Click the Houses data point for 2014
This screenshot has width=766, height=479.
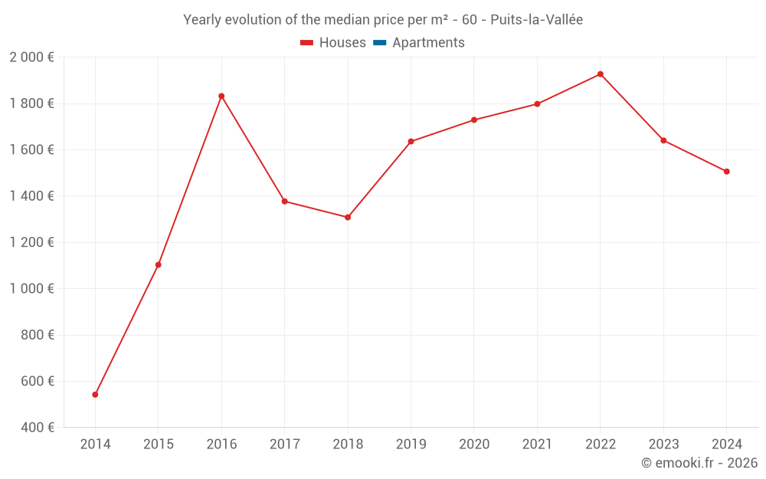(x=95, y=395)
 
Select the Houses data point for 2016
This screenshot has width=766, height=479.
(x=221, y=97)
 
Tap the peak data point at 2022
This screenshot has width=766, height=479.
(x=601, y=74)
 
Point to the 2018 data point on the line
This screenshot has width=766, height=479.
(x=348, y=218)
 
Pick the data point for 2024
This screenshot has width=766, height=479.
(x=727, y=172)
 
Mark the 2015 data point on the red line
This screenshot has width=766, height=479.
(x=159, y=265)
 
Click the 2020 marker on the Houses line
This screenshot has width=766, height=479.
(x=474, y=120)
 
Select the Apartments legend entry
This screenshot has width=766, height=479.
(x=428, y=43)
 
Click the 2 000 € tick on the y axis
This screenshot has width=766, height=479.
(x=31, y=57)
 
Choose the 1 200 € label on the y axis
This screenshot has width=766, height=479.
(x=31, y=242)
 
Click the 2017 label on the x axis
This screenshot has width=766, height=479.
(x=285, y=445)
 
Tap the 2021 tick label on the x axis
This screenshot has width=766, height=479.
(x=537, y=445)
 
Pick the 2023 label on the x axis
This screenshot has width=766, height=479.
(x=663, y=445)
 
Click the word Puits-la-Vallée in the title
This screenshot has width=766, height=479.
(x=536, y=20)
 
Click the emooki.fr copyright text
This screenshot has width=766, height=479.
(x=699, y=463)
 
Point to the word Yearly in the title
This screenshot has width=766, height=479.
(x=202, y=20)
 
